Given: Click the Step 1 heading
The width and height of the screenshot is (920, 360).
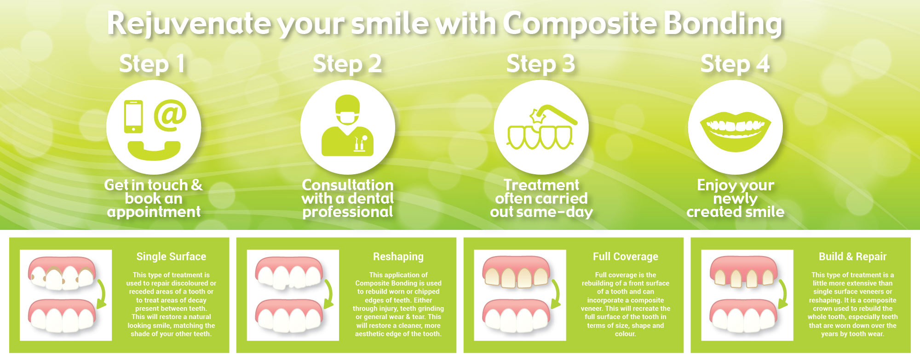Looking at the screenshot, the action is pos(152,64).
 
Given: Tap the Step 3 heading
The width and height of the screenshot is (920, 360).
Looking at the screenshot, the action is pos(540,64).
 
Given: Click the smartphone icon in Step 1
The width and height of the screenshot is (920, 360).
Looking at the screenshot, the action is pos(133,117).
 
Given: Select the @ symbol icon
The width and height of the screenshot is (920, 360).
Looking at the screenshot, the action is pos(170,115).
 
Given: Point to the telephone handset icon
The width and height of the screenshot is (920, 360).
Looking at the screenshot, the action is pos(154,150).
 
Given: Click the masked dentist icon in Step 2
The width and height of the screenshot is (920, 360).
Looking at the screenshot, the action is pos(347,126).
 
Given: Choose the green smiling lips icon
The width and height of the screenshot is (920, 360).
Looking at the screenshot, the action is pos(735,131).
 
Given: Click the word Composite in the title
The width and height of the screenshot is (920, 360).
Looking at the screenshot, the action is pos(580,24).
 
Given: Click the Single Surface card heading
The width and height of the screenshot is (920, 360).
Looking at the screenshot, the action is pos(171,257).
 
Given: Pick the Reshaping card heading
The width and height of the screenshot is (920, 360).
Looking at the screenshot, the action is pos(398,257).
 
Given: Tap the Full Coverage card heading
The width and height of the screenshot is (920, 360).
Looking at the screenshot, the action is pos(626,257).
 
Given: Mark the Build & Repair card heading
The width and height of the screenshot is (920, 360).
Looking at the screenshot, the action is pos(852,257).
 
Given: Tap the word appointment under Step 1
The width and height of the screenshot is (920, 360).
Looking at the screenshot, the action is pos(154,212).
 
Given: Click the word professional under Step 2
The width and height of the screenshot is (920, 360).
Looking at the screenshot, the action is pos(348,212).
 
